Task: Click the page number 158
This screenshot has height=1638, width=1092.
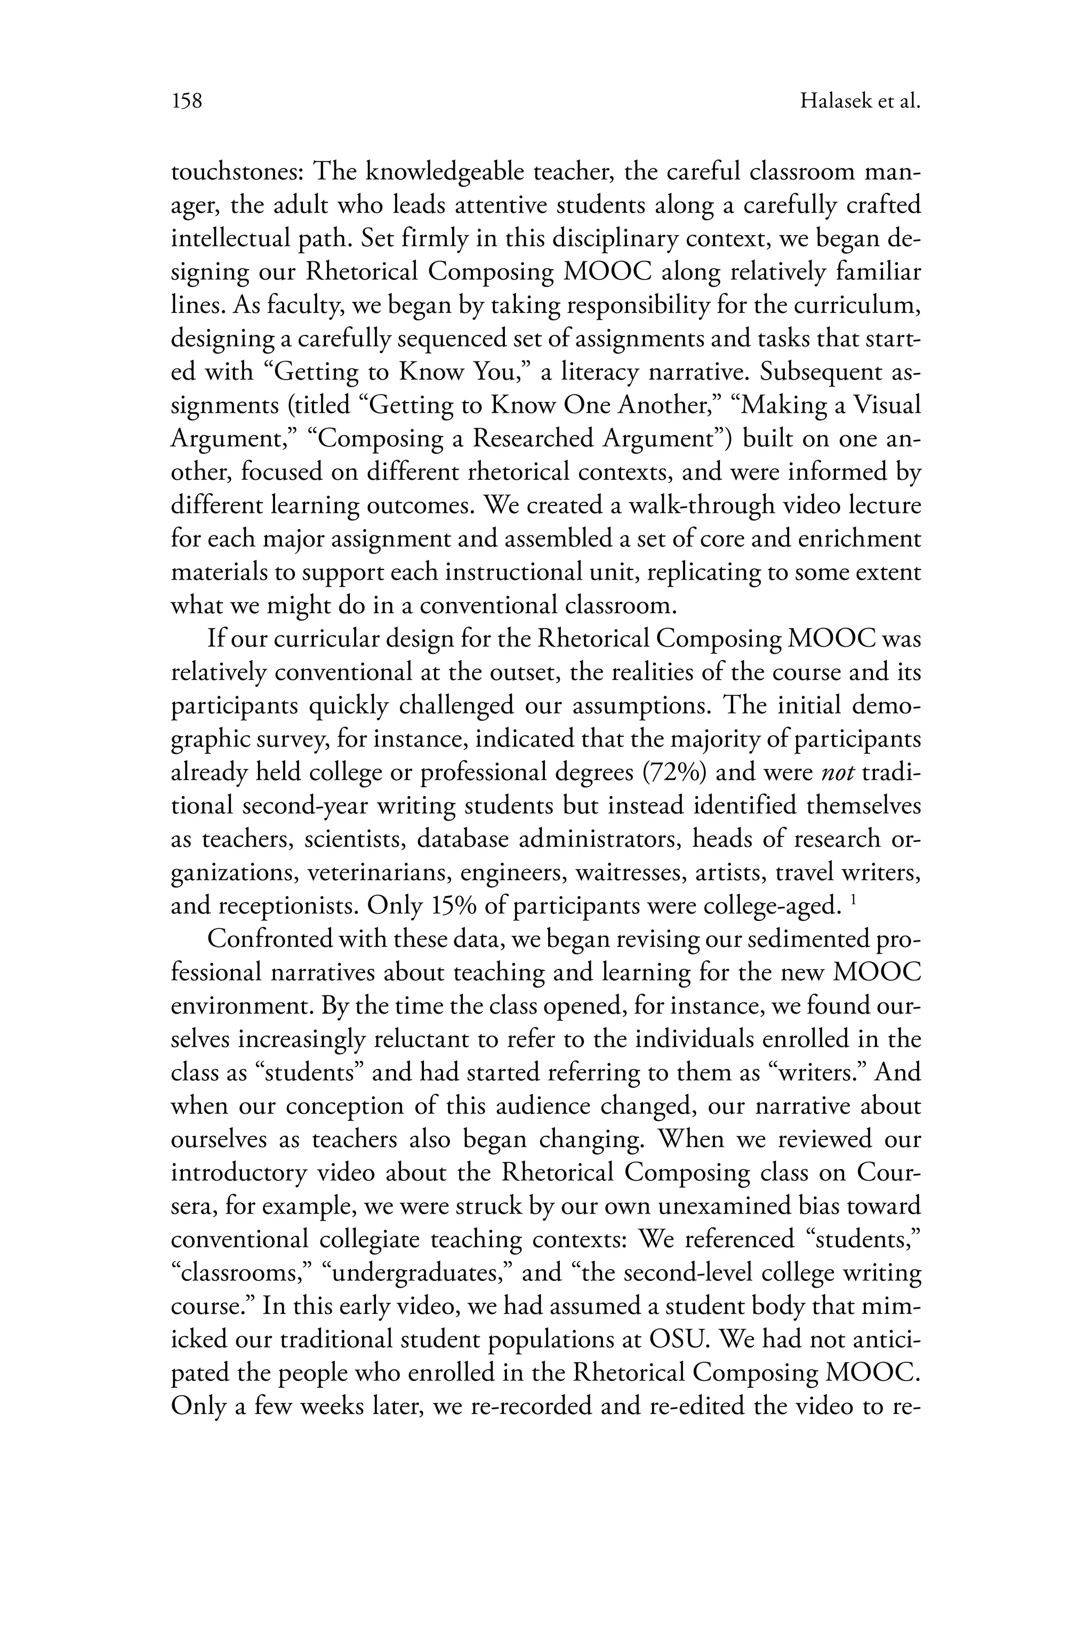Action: [187, 102]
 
